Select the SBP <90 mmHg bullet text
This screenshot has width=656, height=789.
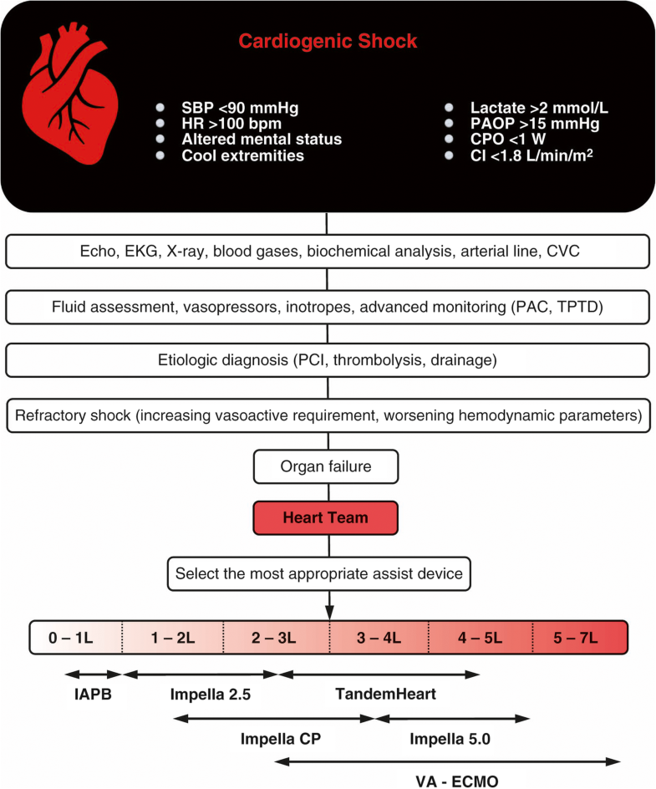point(227,108)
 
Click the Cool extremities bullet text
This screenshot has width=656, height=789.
point(242,155)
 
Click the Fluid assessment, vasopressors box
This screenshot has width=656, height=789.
point(328,306)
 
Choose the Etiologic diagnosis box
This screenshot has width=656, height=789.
point(328,361)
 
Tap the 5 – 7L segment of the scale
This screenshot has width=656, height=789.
point(577,638)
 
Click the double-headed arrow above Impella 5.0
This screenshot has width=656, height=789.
point(453,717)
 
